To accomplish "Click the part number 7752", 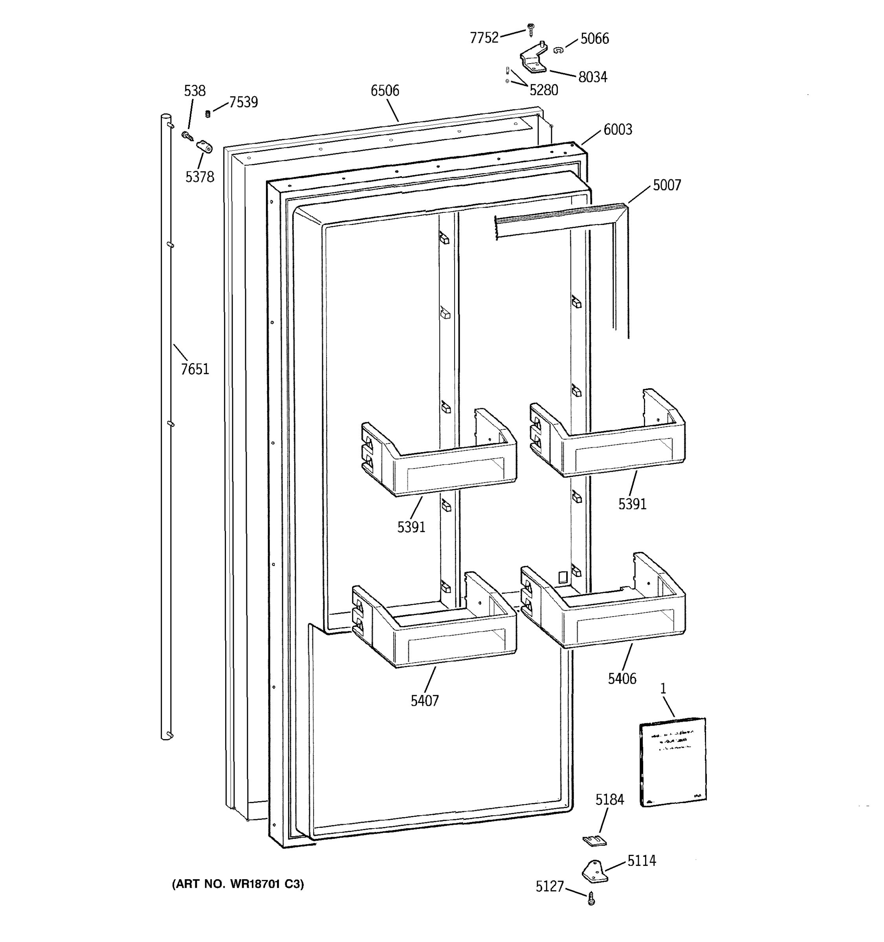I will click(x=484, y=38).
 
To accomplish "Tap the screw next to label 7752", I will click(x=530, y=30).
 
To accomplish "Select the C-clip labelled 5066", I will click(x=558, y=49).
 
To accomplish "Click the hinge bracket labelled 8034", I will click(x=533, y=60).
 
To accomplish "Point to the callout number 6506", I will click(x=385, y=91).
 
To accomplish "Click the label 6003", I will click(x=618, y=130).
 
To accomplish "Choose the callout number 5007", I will click(x=666, y=185).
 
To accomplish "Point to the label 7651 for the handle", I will click(x=194, y=369).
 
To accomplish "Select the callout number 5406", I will click(x=622, y=679).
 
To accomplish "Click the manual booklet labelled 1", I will click(x=673, y=761).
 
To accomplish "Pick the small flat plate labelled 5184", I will click(x=594, y=841).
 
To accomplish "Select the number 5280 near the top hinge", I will click(x=543, y=90).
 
